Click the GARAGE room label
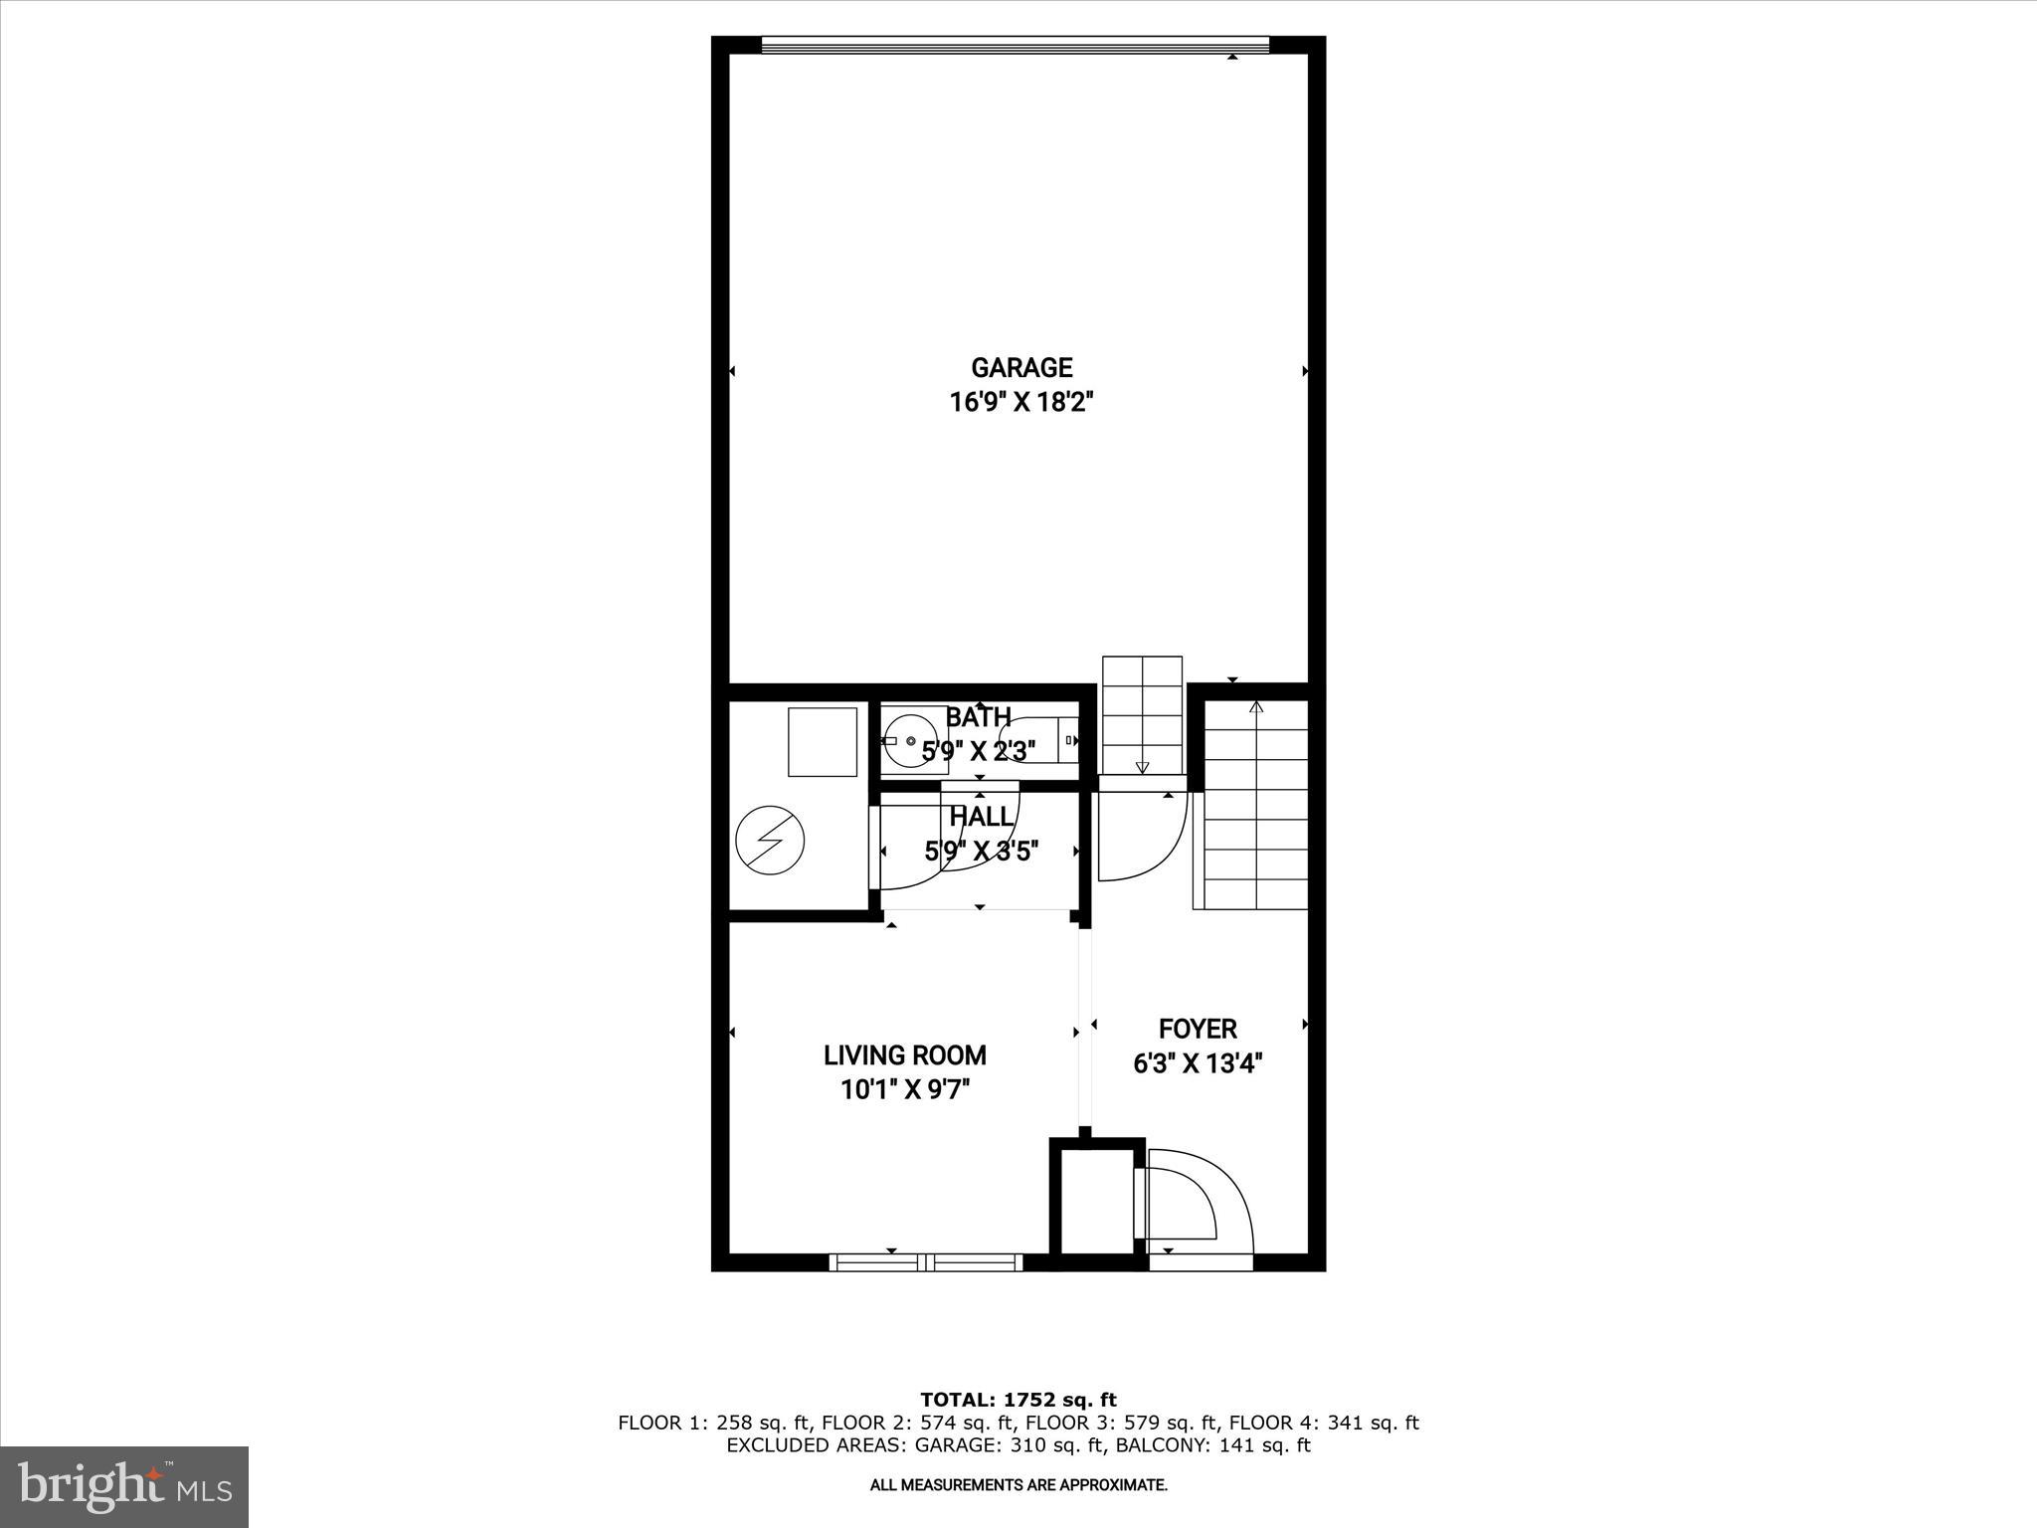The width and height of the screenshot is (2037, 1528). point(1021,368)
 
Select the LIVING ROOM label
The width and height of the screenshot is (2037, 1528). point(904,1054)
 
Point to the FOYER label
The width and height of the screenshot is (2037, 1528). point(1198,1029)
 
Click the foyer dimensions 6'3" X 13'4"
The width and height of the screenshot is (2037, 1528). point(1198,1063)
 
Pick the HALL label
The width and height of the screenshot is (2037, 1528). point(981,817)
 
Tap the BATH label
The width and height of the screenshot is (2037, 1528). point(978,716)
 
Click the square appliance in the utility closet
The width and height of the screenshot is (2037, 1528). point(822,741)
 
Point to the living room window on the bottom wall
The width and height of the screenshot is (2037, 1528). point(926,1262)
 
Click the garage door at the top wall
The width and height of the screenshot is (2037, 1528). point(1015,45)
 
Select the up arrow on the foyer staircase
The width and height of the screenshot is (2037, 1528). point(1256,707)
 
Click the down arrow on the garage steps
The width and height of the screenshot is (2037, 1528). point(1142,767)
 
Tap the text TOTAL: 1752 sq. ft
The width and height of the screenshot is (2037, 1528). point(1018,1400)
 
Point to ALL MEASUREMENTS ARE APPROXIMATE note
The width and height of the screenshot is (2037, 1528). point(1018,1485)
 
